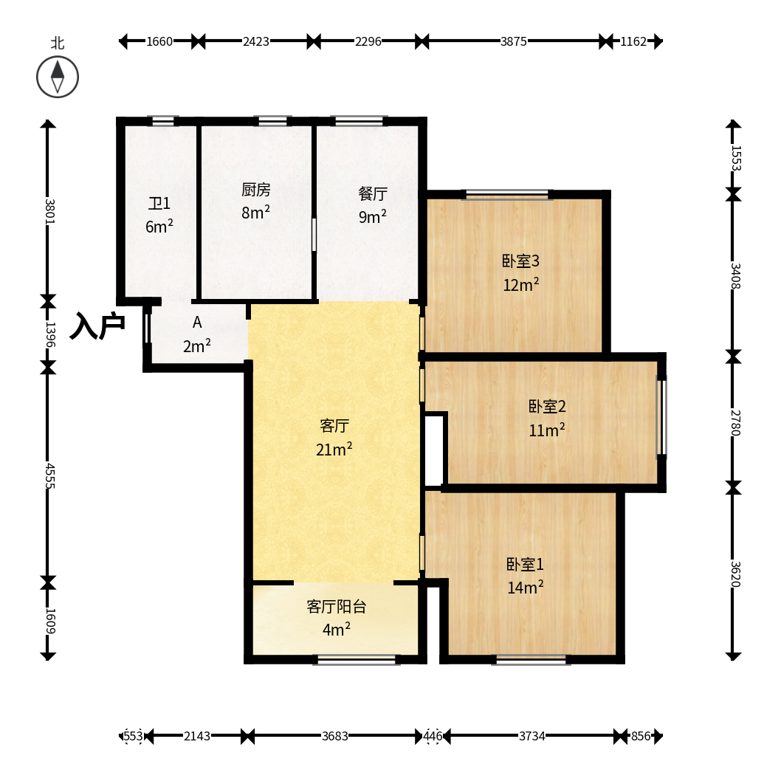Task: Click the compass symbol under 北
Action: pyautogui.click(x=58, y=77)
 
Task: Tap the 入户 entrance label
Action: pyautogui.click(x=97, y=326)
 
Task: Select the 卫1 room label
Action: pyautogui.click(x=159, y=203)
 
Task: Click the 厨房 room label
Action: pyautogui.click(x=256, y=189)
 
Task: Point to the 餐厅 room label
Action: pyautogui.click(x=373, y=193)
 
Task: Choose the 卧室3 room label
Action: pyautogui.click(x=520, y=261)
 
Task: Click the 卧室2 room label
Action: pyautogui.click(x=547, y=407)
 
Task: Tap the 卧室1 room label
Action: pyautogui.click(x=525, y=564)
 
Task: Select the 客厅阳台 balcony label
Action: pyautogui.click(x=337, y=606)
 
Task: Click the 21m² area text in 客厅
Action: pyautogui.click(x=334, y=449)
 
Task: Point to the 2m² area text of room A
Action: pyautogui.click(x=197, y=345)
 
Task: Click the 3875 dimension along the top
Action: pyautogui.click(x=514, y=41)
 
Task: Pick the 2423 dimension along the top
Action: pyautogui.click(x=256, y=41)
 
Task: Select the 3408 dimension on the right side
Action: pyautogui.click(x=736, y=275)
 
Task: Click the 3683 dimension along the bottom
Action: pyautogui.click(x=334, y=736)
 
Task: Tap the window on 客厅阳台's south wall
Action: pyautogui.click(x=357, y=659)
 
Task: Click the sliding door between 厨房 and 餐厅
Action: pyautogui.click(x=314, y=234)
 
